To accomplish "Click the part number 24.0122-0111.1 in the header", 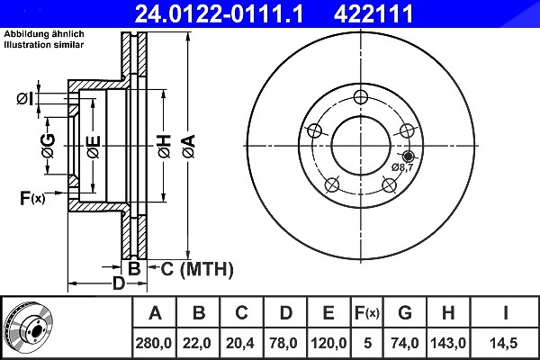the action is point(219,13).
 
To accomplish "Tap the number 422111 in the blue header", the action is point(373,13).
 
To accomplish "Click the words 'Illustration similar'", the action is point(44,44).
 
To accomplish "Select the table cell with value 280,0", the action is point(154,343).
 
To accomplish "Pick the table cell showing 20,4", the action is point(240,343).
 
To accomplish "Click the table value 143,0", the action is point(448,343).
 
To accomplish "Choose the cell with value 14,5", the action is point(505,343).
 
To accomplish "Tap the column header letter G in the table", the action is point(405,313).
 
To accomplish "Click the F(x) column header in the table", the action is point(367,313).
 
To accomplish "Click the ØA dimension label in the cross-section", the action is point(189,147).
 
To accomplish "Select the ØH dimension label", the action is point(165,147).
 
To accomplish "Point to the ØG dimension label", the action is point(49,146).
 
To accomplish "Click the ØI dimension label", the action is point(25,99).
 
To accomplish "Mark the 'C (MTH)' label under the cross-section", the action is point(197,269).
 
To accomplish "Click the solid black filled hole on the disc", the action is point(409,157).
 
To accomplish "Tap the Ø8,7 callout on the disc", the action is point(402,167).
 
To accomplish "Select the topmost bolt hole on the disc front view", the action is point(361,97).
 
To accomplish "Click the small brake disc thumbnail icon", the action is point(29,328).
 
